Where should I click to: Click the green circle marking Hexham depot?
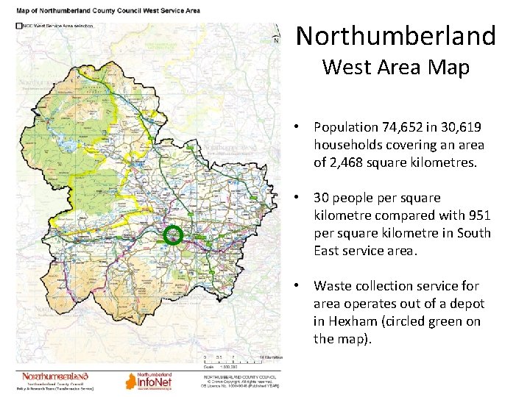coord(172,235)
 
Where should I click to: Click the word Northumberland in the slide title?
coord(396,35)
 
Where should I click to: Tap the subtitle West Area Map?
coord(395,68)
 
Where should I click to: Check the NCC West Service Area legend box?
coord(18,25)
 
